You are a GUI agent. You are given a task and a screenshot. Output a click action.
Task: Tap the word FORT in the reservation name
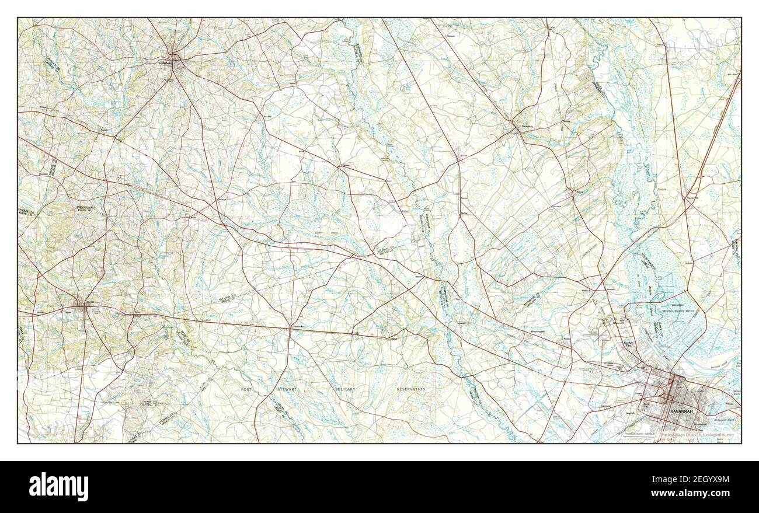(x=249, y=389)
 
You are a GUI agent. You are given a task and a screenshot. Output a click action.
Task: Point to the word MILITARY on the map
(x=345, y=389)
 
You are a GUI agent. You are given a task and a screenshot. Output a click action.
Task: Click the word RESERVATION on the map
(x=411, y=389)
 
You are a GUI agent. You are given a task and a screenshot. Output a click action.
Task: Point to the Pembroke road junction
(x=290, y=328)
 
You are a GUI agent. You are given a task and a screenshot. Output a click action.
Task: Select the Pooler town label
(x=566, y=338)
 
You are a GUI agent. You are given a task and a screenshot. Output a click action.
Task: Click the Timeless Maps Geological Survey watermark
(x=698, y=435)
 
